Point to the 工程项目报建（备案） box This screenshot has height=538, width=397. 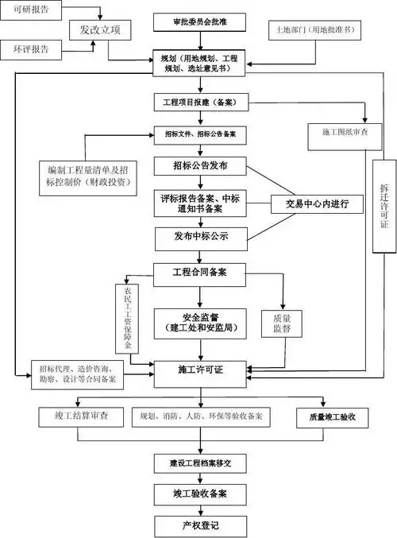coord(201,103)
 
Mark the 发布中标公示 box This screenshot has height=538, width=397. coord(201,236)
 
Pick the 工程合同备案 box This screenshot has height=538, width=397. coord(201,272)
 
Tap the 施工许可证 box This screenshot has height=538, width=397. coord(201,370)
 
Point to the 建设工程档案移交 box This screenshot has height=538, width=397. coord(202,462)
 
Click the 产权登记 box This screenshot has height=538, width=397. coord(202,524)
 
